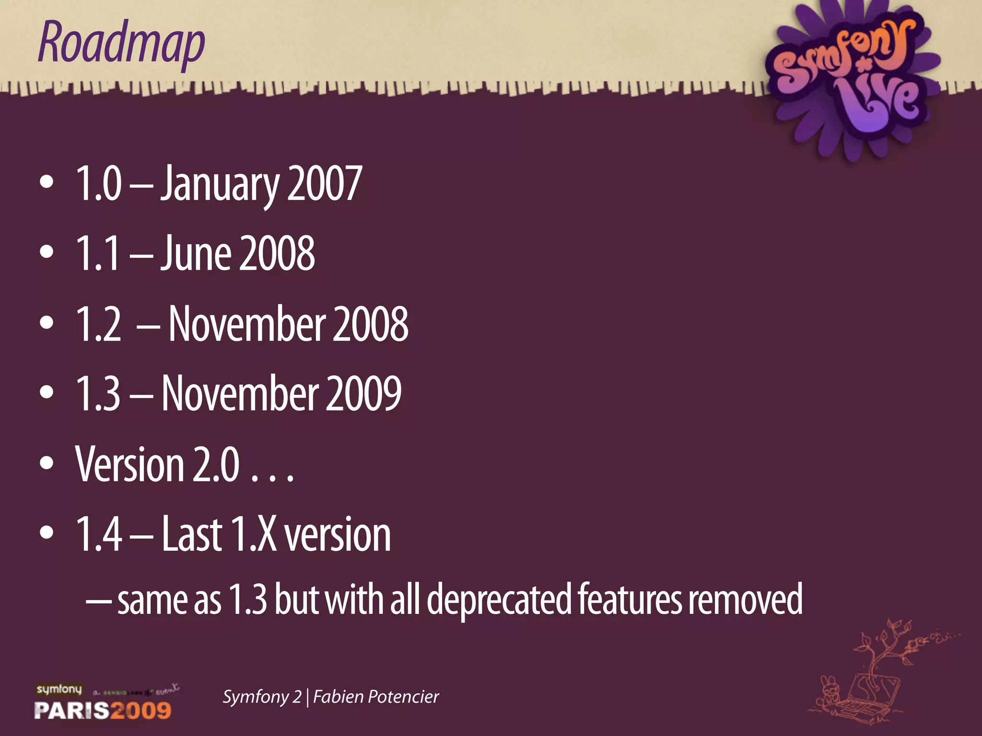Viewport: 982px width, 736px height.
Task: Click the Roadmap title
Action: pos(121,43)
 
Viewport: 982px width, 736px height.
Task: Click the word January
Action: pos(219,184)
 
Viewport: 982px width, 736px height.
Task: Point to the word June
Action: pos(195,253)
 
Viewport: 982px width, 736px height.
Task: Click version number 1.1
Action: pos(98,253)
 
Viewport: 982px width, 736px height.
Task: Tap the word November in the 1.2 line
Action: pos(247,324)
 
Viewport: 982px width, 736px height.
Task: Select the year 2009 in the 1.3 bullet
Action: pos(363,393)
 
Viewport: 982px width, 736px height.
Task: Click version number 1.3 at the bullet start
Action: pos(98,393)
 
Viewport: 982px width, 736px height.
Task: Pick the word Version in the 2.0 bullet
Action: pos(129,464)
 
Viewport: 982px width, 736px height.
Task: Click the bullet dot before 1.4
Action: pos(47,533)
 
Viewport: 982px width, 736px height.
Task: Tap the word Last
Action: pos(191,534)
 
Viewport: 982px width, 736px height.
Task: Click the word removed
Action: pos(745,600)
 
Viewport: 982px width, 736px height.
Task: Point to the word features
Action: pos(629,600)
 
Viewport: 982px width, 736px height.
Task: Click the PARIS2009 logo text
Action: pos(103,710)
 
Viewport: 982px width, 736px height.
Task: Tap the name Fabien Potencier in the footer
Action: pos(376,697)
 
